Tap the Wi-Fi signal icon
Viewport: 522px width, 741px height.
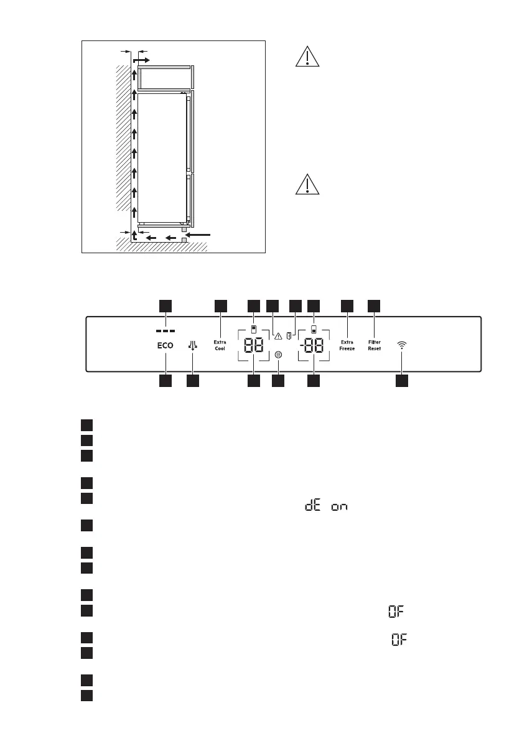pos(402,345)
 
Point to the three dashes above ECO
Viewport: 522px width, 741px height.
pos(165,330)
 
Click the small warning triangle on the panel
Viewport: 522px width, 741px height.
pos(278,337)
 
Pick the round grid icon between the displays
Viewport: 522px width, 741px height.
pos(278,354)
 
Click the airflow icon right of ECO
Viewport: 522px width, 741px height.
pos(193,345)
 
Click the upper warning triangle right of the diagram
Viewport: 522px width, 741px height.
pos(306,57)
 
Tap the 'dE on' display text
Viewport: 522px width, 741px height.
pos(325,507)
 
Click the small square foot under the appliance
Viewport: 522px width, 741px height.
pos(184,239)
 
